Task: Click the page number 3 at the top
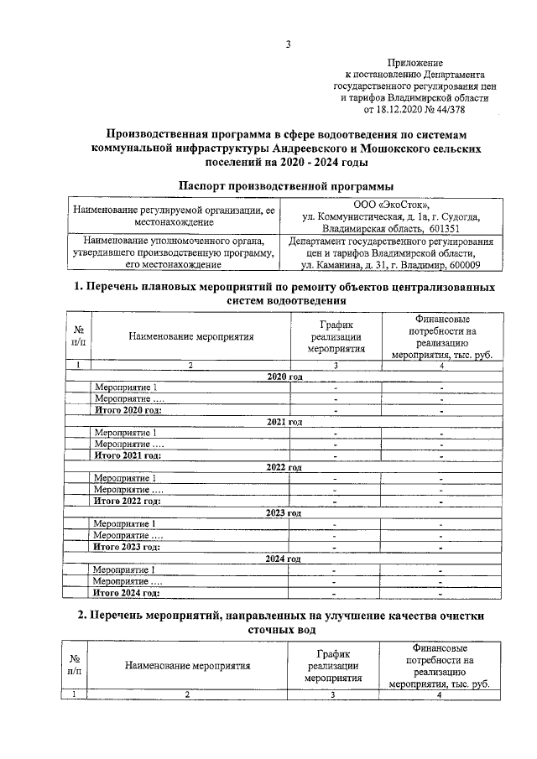[287, 45]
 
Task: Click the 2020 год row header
[284, 377]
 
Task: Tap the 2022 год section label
[284, 466]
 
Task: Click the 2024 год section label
[284, 558]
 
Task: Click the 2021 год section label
[284, 421]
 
